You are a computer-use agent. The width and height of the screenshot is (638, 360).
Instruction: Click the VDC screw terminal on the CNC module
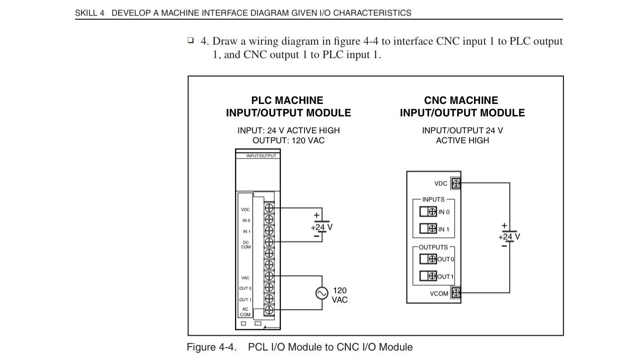[456, 183]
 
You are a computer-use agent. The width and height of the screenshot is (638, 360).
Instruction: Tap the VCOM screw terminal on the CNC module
[456, 293]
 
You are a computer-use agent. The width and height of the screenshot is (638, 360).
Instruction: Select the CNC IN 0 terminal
[432, 212]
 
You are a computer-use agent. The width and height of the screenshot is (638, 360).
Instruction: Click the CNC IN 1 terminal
[432, 229]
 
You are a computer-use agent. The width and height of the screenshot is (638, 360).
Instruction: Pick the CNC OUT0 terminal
[432, 259]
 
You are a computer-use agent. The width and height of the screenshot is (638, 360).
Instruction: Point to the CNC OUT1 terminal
[432, 276]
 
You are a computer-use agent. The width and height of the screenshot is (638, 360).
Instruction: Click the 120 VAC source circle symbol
[322, 293]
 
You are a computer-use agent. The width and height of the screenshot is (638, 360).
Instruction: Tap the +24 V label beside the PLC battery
[321, 227]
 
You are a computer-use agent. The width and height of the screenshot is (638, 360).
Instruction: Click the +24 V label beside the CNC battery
[509, 237]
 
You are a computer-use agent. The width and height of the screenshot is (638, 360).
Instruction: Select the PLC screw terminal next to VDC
[269, 207]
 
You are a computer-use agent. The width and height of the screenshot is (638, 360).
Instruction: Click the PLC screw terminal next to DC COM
[269, 242]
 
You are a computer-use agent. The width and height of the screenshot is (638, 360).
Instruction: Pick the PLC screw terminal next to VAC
[269, 276]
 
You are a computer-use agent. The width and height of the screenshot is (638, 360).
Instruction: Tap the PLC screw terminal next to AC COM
[269, 310]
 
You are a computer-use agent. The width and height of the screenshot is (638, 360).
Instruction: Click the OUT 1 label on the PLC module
[245, 300]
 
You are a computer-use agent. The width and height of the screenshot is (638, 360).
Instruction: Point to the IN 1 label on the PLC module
[246, 232]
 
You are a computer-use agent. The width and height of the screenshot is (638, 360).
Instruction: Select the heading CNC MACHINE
[461, 100]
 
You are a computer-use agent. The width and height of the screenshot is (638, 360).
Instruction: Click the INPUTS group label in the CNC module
[433, 199]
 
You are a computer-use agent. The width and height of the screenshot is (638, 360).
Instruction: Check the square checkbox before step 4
[191, 40]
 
